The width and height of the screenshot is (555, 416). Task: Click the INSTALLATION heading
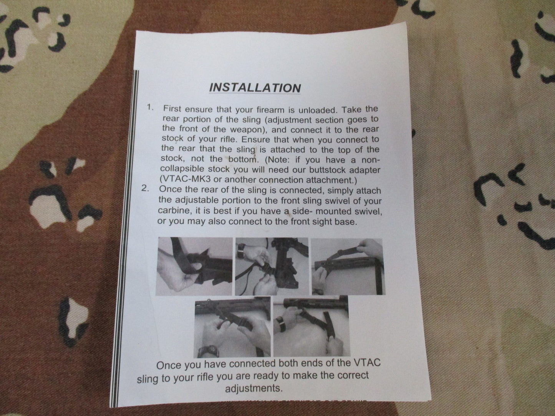point(255,88)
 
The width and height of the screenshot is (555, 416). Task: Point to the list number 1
point(150,107)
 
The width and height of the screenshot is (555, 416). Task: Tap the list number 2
point(145,188)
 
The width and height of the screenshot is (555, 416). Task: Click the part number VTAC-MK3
point(187,180)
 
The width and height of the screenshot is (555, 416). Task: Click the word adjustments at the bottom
point(253,388)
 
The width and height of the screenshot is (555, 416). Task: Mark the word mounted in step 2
point(330,211)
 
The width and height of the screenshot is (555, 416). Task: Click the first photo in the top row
point(194,266)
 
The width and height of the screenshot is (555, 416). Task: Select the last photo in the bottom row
point(311,326)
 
